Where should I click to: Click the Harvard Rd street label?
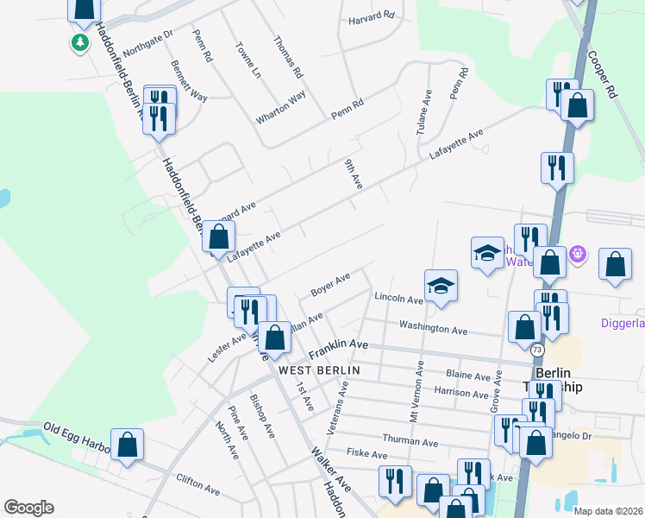pyautogui.click(x=371, y=16)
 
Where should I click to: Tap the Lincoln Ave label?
pyautogui.click(x=398, y=298)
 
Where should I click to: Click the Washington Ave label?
pyautogui.click(x=433, y=329)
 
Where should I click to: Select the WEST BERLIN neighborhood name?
pyautogui.click(x=318, y=370)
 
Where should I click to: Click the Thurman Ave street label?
pyautogui.click(x=410, y=441)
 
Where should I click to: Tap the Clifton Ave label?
pyautogui.click(x=197, y=483)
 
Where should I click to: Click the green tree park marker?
pyautogui.click(x=81, y=41)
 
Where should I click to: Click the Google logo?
pyautogui.click(x=28, y=508)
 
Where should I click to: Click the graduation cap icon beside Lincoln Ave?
pyautogui.click(x=441, y=287)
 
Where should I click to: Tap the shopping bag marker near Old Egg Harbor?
pyautogui.click(x=127, y=445)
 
